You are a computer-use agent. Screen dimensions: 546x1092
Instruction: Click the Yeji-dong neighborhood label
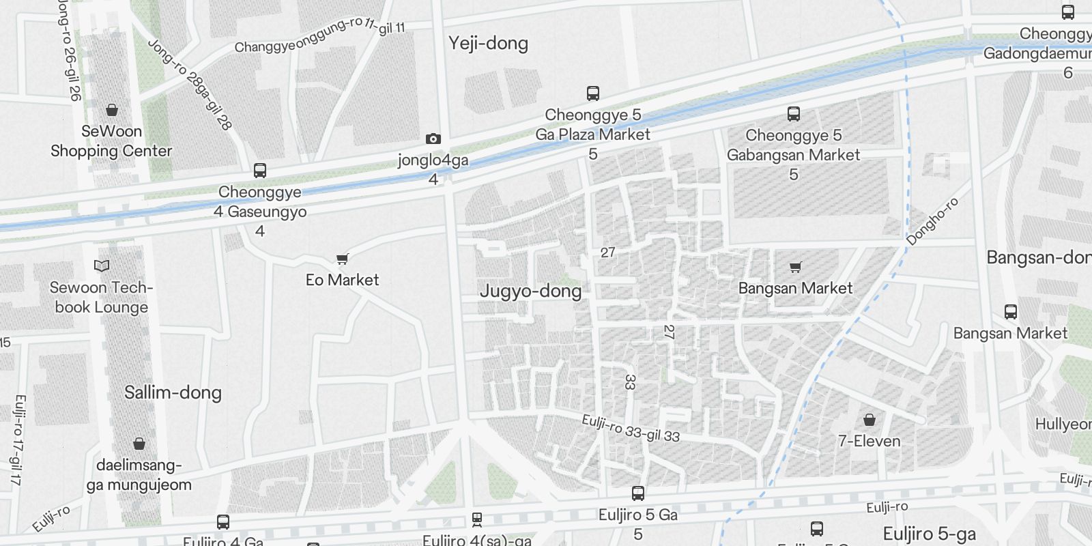[x=488, y=44]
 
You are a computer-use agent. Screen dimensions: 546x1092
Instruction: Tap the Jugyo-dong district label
[x=530, y=291]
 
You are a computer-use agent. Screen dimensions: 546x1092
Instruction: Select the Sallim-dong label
[x=173, y=392]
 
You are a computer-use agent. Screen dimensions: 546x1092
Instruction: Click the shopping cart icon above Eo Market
[x=343, y=259]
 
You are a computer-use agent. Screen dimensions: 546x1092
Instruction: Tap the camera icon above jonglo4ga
[x=433, y=139]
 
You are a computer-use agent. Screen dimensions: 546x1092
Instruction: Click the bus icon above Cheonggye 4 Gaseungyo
[x=260, y=171]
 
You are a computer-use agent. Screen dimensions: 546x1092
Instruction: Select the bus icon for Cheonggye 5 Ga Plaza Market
[x=593, y=94]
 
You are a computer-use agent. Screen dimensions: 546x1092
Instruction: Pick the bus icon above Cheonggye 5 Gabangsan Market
[x=793, y=114]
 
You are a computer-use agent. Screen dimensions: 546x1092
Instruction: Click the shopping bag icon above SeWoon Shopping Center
[x=112, y=110]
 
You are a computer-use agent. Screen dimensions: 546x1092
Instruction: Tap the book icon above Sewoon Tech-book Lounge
[x=102, y=266]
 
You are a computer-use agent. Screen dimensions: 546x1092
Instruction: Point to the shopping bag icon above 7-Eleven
[x=870, y=419]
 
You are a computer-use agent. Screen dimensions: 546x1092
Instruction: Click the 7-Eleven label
[x=870, y=441]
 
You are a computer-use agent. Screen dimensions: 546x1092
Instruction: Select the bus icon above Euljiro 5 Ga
[x=638, y=493]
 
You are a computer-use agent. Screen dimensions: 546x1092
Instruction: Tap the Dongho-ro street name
[x=932, y=220]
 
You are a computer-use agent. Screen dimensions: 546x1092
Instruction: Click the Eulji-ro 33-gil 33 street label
[x=631, y=428]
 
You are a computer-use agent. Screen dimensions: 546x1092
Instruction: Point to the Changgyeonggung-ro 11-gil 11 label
[x=320, y=35]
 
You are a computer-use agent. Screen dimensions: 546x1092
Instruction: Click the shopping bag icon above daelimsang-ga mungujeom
[x=139, y=444]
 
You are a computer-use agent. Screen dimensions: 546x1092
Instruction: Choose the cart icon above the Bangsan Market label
[x=795, y=267]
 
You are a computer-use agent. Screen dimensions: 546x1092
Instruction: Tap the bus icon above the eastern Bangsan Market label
[x=1011, y=312]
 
